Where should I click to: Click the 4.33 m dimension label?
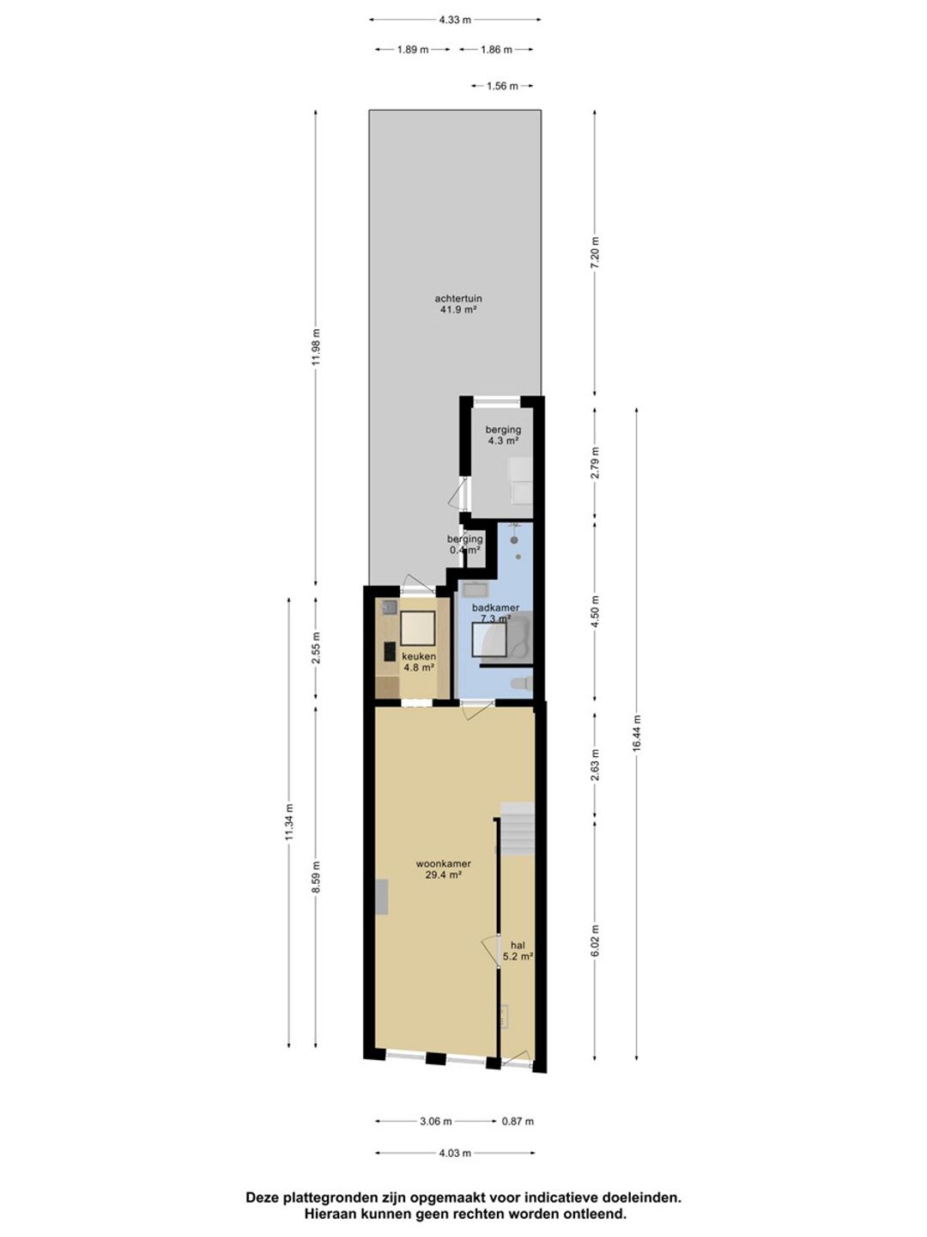point(455,20)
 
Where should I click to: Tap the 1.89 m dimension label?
point(413,50)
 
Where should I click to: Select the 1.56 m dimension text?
point(502,86)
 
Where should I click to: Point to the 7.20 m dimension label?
point(596,253)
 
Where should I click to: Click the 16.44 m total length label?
point(637,733)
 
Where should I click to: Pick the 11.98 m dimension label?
point(315,346)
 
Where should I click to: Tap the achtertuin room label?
point(458,298)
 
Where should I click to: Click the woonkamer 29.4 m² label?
point(444,869)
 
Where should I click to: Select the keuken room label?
point(419,656)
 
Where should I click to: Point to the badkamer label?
point(495,607)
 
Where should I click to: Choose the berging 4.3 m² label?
point(503,435)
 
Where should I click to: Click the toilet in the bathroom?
point(521,684)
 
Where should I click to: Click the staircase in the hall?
point(517,829)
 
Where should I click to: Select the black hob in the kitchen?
point(390,651)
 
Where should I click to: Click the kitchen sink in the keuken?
point(390,607)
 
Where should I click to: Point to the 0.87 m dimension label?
point(518,1121)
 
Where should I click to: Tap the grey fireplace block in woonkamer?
point(382,905)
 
